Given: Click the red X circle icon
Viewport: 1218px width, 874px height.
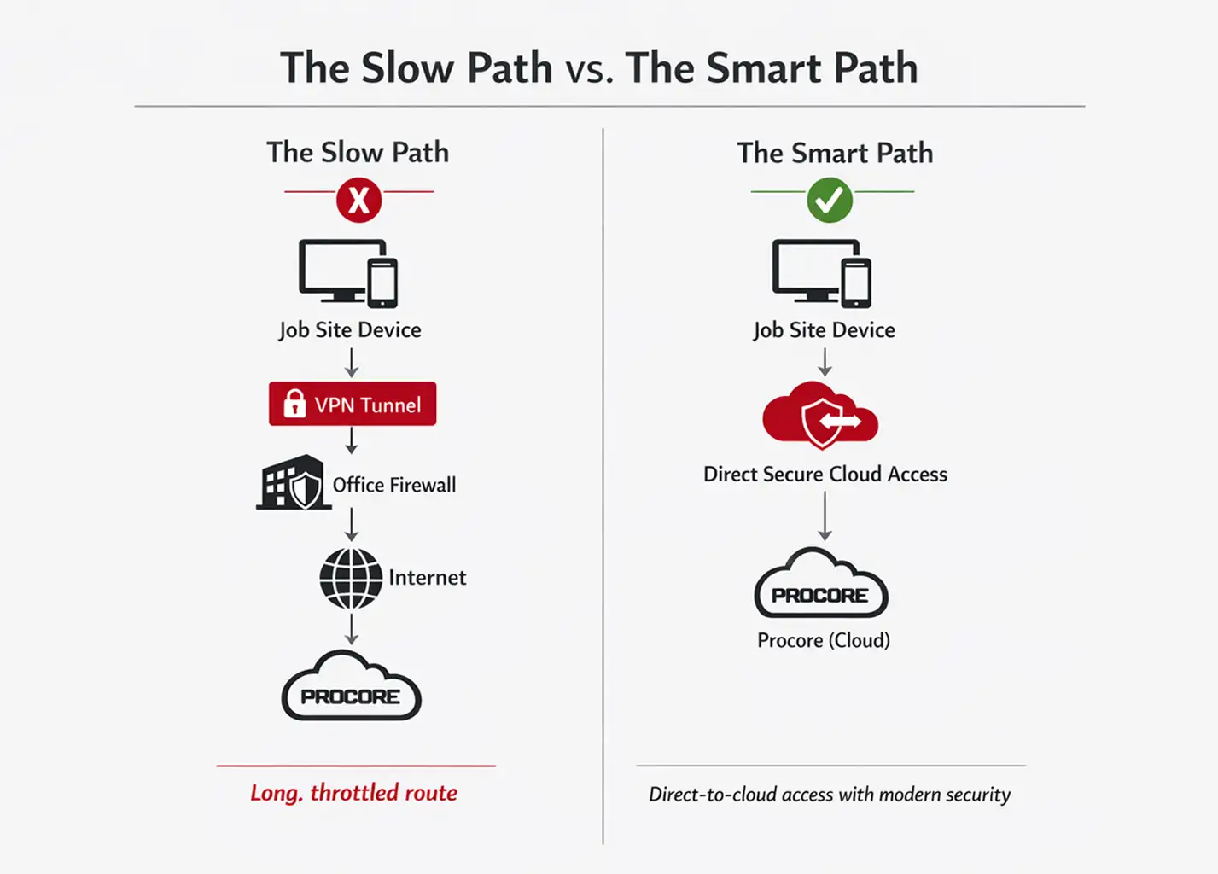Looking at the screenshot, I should coord(358,200).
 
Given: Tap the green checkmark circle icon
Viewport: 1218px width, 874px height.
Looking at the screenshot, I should coord(830,200).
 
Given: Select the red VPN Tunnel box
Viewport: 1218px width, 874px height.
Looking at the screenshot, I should coord(353,404).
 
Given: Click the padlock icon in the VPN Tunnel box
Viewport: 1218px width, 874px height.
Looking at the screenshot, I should coord(294,403).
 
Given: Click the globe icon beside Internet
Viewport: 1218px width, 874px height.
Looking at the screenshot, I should coord(351,578).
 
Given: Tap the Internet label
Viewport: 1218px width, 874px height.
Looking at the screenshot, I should coord(427,578).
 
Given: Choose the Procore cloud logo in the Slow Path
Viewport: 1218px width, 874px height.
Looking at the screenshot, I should coord(351,688).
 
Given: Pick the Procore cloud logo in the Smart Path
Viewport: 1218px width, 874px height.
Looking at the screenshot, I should coord(821,586).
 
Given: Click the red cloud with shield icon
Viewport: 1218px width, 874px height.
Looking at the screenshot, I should coord(820,416).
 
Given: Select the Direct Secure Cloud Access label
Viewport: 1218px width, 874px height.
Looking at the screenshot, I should coord(825,475).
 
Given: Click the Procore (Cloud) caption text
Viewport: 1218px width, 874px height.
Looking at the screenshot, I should coord(824,640).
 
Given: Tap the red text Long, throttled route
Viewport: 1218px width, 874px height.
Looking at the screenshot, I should coord(353,793).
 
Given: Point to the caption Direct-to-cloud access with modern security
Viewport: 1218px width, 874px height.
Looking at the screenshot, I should coord(830,795).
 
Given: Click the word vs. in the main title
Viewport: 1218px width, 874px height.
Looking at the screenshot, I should coord(589,69).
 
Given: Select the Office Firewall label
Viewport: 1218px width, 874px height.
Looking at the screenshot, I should coord(394,485).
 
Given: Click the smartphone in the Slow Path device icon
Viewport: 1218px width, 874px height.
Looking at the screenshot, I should coord(382,283).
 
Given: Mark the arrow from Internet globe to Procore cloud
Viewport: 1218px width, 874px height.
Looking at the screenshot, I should coord(351,628).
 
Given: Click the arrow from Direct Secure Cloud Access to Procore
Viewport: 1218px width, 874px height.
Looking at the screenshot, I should coord(825,516).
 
